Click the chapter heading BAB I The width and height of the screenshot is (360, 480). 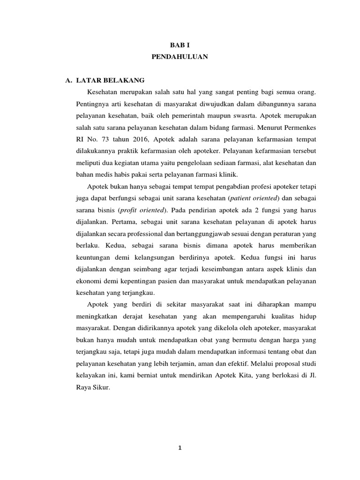pos(179,44)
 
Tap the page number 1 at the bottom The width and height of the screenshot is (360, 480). pos(180,448)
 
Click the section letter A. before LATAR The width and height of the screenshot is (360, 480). pos(68,80)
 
